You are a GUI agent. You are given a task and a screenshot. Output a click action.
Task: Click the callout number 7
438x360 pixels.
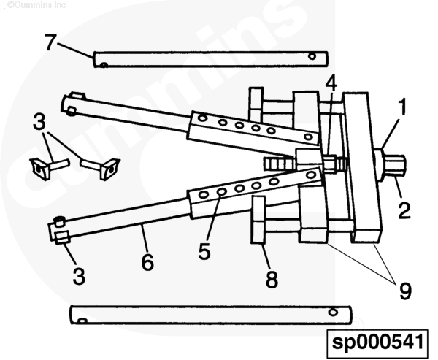point(50,42)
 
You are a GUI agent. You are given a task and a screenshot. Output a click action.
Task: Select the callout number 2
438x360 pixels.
point(404,210)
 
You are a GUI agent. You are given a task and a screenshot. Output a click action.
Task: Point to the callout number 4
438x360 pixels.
point(331,83)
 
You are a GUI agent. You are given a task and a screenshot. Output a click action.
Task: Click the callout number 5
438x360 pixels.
point(204,251)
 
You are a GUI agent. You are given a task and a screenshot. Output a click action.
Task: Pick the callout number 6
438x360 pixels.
point(147,262)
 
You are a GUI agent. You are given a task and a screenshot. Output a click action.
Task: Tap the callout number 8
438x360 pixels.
point(272,279)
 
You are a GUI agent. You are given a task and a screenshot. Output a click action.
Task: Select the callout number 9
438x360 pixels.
point(405,291)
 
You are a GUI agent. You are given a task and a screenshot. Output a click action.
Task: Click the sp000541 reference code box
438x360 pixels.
point(377,342)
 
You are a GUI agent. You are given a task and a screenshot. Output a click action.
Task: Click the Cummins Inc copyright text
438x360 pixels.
point(36,5)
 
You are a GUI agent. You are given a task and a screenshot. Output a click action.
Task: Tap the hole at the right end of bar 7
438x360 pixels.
point(312,56)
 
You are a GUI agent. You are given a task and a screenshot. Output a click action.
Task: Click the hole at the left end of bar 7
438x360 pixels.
point(104,65)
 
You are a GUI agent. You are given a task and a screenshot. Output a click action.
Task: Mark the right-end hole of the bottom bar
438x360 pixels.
point(333,312)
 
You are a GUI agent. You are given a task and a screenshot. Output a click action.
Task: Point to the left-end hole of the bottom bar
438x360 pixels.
point(82,321)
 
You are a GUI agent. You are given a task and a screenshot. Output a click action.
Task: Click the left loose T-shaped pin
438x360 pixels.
point(49,167)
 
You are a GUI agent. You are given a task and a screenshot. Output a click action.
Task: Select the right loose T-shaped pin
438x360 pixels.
point(100,167)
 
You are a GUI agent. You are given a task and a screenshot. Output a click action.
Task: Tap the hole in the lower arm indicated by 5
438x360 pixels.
point(221,192)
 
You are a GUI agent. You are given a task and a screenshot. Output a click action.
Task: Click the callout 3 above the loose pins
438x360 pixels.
point(39,122)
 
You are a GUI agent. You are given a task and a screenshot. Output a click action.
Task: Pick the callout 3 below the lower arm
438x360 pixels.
point(79,276)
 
